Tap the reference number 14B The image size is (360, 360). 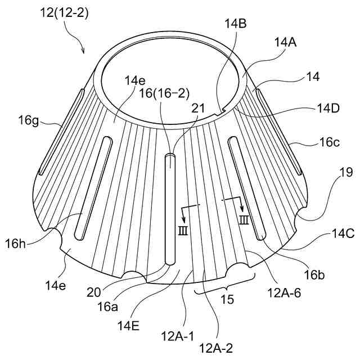(x=235, y=24)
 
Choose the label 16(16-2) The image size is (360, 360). (x=162, y=94)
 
